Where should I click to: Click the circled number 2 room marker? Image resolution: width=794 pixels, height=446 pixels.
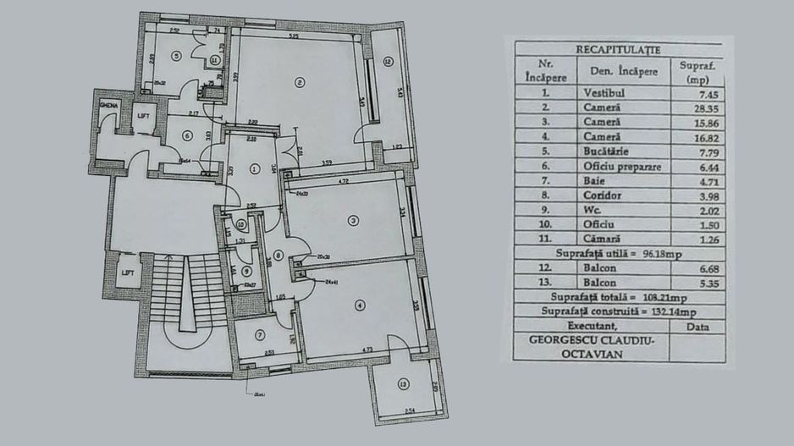(x=299, y=82)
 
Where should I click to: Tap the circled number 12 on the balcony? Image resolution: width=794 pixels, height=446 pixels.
(x=387, y=61)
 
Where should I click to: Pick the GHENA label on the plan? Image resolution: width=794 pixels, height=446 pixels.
(x=108, y=104)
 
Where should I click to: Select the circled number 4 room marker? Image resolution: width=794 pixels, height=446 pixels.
(x=359, y=304)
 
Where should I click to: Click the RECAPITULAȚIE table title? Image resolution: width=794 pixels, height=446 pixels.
(x=618, y=50)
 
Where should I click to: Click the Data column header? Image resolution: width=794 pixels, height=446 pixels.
(x=698, y=325)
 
